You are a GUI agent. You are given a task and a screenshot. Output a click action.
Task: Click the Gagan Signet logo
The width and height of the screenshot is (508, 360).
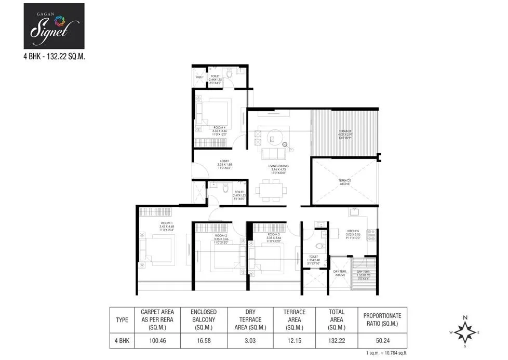54,26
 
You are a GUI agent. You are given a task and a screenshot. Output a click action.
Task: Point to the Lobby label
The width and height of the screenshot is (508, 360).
224,161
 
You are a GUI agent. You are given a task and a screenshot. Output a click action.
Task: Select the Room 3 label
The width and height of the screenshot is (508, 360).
266,235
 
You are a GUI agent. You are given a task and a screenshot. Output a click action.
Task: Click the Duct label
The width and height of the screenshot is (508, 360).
200,77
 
